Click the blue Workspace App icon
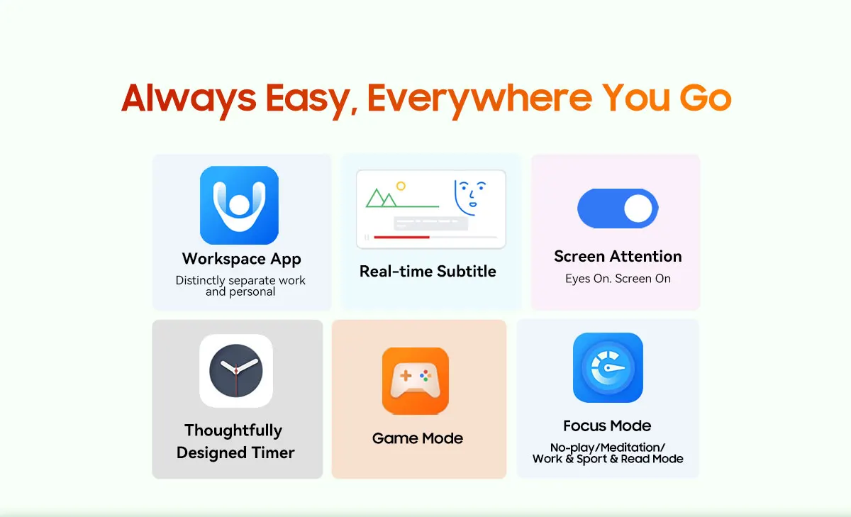pyautogui.click(x=240, y=205)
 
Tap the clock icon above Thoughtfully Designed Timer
pyautogui.click(x=236, y=371)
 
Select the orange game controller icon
pyautogui.click(x=416, y=381)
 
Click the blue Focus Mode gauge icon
pyautogui.click(x=608, y=367)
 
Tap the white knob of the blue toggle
pyautogui.click(x=638, y=209)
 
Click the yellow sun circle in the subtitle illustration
pyautogui.click(x=401, y=186)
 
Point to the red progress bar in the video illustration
pyautogui.click(x=401, y=237)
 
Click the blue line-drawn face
pyautogui.click(x=470, y=198)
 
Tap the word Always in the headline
pyautogui.click(x=189, y=99)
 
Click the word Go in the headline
pyautogui.click(x=705, y=98)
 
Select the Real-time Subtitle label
pyautogui.click(x=428, y=271)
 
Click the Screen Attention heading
pyautogui.click(x=618, y=257)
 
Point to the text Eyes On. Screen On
pyautogui.click(x=618, y=279)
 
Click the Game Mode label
pyautogui.click(x=418, y=438)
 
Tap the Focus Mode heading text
pyautogui.click(x=607, y=426)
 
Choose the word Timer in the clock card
pyautogui.click(x=273, y=452)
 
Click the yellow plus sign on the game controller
pyautogui.click(x=406, y=376)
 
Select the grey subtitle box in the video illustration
pyautogui.click(x=430, y=223)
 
